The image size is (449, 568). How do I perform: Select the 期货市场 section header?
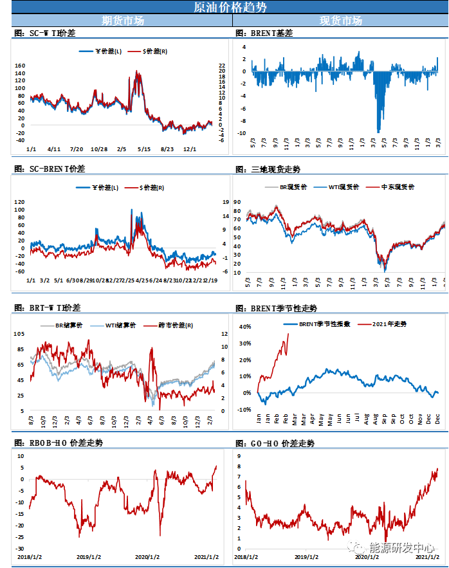123,21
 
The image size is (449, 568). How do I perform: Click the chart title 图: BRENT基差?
264,33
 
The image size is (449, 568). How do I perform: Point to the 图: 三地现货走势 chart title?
268,169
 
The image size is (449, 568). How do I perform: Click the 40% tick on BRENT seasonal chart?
244,327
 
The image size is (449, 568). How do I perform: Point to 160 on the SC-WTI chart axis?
20,66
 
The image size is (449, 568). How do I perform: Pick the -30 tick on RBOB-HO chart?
20,549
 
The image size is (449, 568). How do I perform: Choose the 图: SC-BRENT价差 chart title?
49,169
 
